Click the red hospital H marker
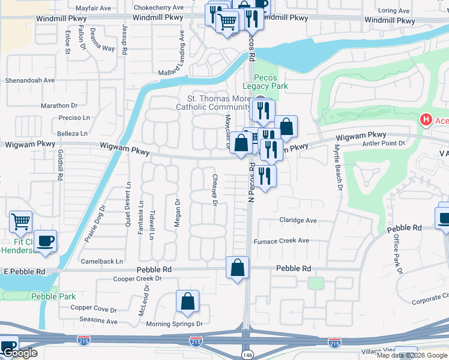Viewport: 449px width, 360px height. point(426,120)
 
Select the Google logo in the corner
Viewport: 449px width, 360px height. point(20,353)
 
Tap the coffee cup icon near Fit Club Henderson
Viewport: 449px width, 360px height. point(46,241)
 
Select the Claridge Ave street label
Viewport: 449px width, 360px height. point(298,220)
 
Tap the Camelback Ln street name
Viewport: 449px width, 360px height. point(102,262)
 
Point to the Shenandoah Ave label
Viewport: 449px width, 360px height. point(30,80)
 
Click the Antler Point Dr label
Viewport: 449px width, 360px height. point(385,143)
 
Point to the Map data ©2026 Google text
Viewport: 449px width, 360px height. point(412,355)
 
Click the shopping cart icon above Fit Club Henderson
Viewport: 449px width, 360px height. point(21,221)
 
